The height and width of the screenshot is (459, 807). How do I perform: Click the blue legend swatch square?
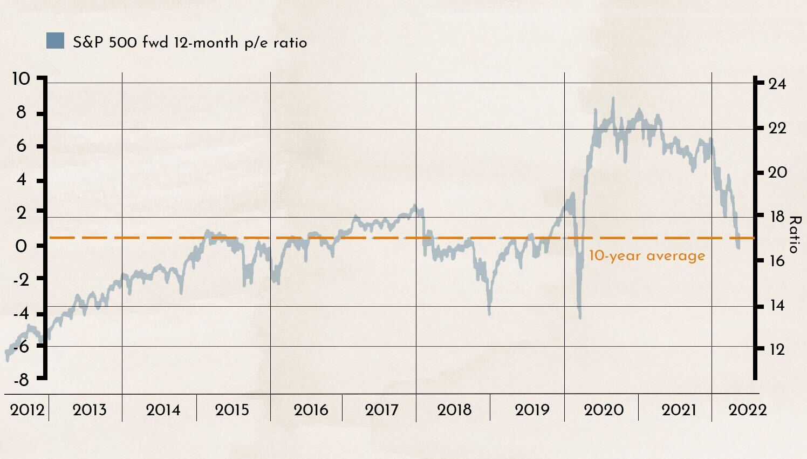pos(55,41)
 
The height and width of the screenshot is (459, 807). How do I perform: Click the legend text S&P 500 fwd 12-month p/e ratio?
pos(190,43)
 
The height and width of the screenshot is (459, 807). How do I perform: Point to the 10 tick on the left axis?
pos(21,79)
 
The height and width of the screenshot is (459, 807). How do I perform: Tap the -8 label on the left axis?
pos(21,380)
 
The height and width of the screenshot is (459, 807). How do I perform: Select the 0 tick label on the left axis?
pos(21,246)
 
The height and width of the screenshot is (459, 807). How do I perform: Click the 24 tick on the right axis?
pos(777,84)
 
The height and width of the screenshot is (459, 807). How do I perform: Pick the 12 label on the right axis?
pos(777,349)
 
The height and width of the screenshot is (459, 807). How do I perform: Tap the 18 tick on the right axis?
pos(777,217)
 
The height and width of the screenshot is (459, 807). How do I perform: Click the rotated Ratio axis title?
pos(795,234)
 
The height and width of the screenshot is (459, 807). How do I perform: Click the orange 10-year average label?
pos(647,255)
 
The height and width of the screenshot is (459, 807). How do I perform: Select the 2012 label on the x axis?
pos(27,409)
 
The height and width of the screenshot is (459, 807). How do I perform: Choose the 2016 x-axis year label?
pos(311,409)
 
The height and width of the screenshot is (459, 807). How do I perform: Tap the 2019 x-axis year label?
pos(532,409)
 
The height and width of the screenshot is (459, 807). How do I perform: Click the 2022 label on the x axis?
pos(747,409)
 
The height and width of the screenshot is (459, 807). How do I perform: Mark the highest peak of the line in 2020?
pos(613,99)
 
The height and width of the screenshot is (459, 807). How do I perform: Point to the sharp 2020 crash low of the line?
pos(580,318)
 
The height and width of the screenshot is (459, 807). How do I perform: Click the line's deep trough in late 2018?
pos(489,314)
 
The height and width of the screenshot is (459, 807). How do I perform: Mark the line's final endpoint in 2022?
pos(738,247)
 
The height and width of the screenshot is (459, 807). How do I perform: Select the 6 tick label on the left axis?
pos(21,146)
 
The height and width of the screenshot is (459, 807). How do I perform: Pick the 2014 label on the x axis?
pos(163,409)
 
